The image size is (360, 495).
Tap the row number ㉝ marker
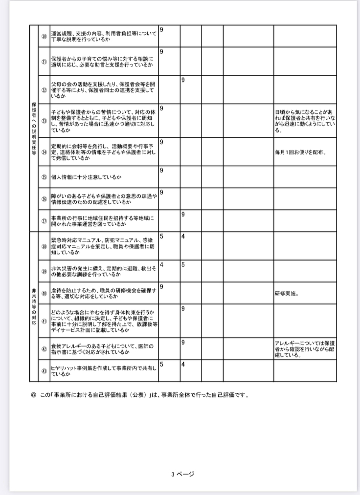click(44, 120)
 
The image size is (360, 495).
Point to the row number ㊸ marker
click(44, 370)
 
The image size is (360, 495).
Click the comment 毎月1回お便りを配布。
click(301, 151)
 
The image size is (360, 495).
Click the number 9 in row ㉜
click(183, 80)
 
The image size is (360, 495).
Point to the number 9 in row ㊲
click(183, 214)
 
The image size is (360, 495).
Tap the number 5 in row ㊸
click(161, 364)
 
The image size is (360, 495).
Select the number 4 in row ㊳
click(183, 237)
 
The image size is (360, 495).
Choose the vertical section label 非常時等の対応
click(34, 306)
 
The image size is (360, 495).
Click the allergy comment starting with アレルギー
click(305, 349)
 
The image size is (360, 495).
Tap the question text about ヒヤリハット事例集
click(104, 370)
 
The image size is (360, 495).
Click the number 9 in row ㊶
click(183, 309)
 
